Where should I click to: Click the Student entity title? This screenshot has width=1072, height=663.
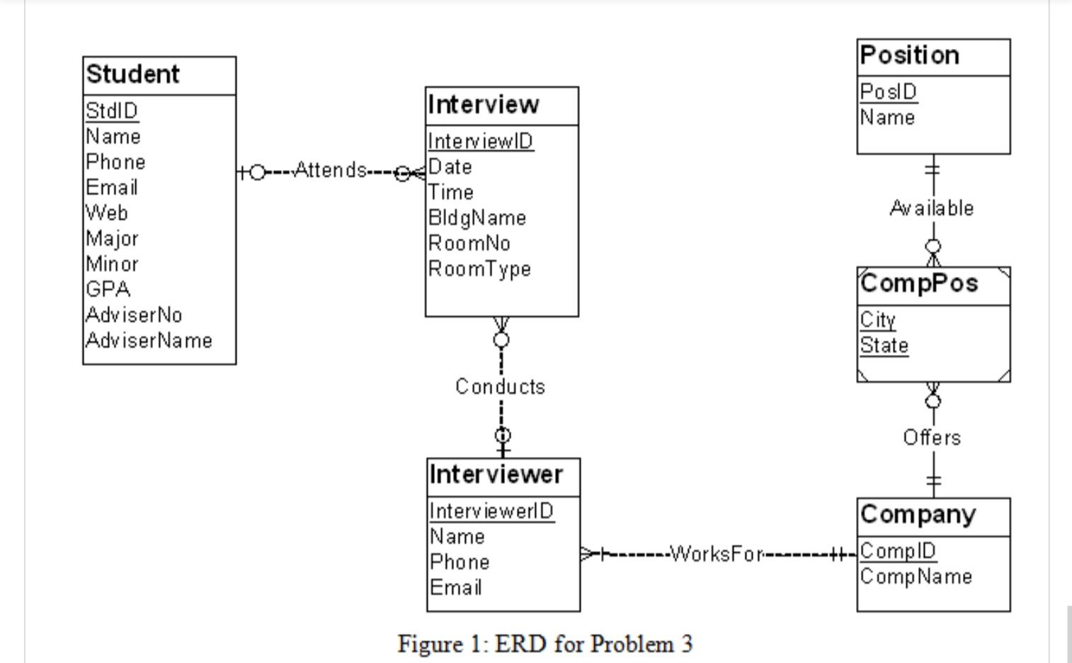(x=132, y=74)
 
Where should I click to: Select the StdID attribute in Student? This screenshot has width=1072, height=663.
(x=112, y=111)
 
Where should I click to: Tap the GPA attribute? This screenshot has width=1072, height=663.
(x=108, y=290)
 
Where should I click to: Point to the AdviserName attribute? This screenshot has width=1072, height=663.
(x=149, y=341)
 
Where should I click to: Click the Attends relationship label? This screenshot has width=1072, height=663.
(x=330, y=171)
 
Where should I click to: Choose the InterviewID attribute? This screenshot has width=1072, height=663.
(x=480, y=142)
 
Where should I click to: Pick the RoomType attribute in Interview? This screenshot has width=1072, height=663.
(x=479, y=269)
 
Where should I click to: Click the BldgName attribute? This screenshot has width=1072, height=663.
(x=477, y=218)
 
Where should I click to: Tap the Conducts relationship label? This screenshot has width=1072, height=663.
(x=500, y=387)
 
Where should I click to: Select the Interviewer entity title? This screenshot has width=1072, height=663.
(x=496, y=475)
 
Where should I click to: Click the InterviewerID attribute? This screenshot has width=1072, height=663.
(x=491, y=511)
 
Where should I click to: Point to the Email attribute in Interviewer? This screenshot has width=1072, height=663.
(x=455, y=588)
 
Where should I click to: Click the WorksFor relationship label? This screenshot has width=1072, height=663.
(x=717, y=554)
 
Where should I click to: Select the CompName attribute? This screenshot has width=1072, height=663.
(x=916, y=577)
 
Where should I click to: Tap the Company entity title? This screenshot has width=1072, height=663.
(x=918, y=514)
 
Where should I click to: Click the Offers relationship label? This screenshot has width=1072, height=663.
(x=932, y=438)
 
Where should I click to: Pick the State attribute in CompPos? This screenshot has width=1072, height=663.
(x=884, y=346)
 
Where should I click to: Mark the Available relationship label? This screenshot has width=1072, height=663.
(x=931, y=208)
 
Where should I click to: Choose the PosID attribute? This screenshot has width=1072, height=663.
(x=888, y=92)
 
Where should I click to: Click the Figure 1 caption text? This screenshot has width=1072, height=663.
(x=544, y=644)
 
